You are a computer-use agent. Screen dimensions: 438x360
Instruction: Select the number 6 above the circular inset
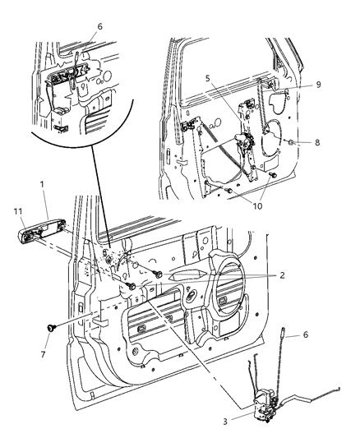pos(99,27)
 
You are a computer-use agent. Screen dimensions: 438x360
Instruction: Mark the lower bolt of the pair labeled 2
pos(130,286)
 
